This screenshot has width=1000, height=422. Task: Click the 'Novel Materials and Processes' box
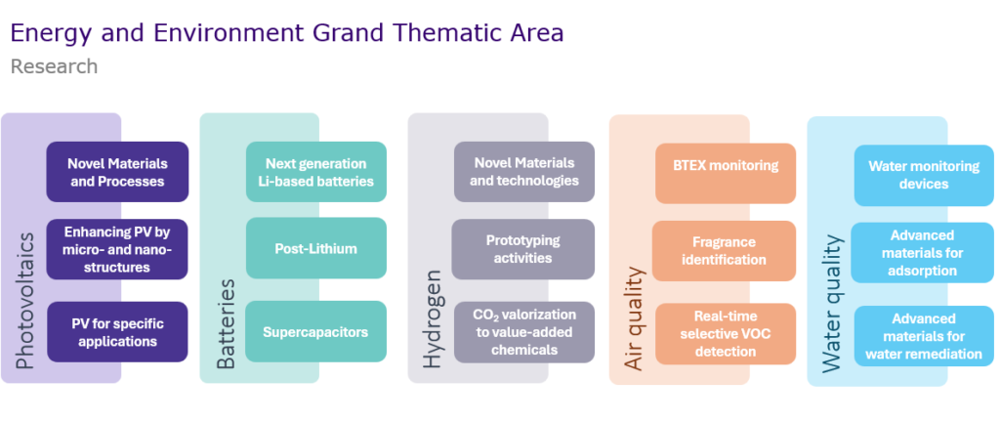(x=117, y=172)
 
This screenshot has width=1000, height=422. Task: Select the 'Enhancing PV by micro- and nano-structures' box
(x=117, y=249)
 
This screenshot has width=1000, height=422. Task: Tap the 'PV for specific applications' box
(x=117, y=332)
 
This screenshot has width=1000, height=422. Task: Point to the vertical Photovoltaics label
(x=24, y=301)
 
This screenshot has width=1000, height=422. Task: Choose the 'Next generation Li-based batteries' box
(x=316, y=172)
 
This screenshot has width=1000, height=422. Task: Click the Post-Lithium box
(x=316, y=248)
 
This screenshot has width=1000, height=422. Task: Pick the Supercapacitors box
(x=316, y=332)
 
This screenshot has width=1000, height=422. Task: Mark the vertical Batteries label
(x=226, y=324)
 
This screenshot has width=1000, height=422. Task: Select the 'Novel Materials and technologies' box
(x=524, y=172)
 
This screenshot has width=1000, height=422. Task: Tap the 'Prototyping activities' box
(x=523, y=249)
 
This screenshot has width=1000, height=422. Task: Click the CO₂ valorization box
(x=524, y=332)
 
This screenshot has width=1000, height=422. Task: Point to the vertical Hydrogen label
(x=433, y=318)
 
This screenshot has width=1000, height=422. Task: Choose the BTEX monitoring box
(x=726, y=173)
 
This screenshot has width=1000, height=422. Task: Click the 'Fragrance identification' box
(x=724, y=251)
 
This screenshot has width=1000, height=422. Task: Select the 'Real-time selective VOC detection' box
(x=726, y=334)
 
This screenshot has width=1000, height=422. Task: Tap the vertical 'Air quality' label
(x=634, y=318)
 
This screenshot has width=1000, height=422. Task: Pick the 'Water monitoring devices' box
(x=924, y=175)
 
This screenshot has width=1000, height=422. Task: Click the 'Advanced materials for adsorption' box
(x=923, y=252)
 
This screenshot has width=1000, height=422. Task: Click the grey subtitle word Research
(x=55, y=66)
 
